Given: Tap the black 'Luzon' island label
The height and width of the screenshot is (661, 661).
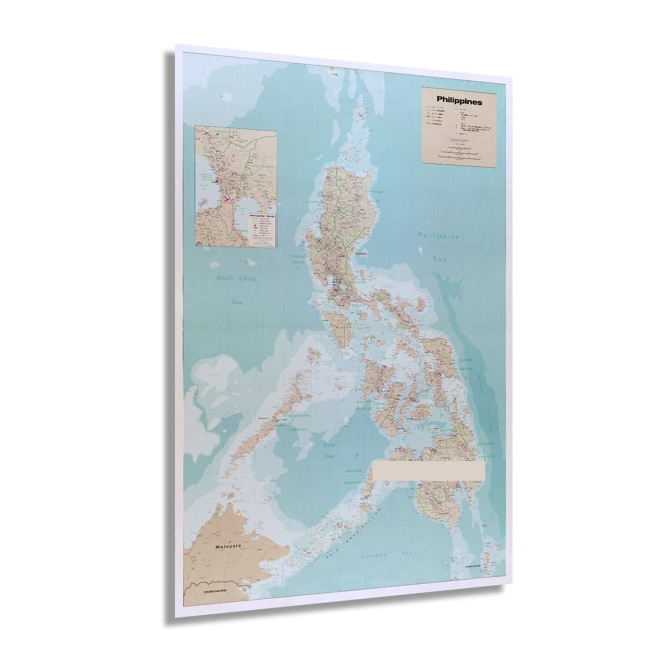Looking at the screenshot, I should [x=361, y=254].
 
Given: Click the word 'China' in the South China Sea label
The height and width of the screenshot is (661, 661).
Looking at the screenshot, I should [x=247, y=279].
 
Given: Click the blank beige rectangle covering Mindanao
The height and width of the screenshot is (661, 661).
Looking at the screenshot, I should [x=429, y=471].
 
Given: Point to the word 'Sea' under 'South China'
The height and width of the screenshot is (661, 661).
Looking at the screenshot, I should [x=240, y=303].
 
